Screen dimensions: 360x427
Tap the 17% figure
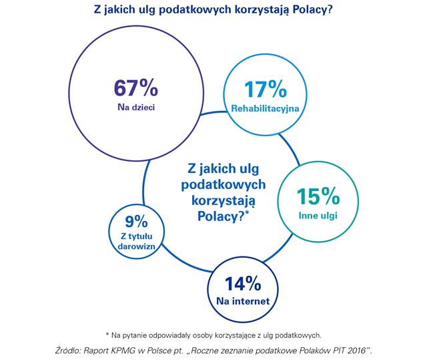click(265, 89)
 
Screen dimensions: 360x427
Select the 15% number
click(318, 197)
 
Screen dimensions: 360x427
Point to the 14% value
click(242, 283)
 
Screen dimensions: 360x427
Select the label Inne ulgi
click(319, 215)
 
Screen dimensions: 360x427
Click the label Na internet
click(242, 301)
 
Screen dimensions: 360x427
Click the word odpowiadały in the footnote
click(173, 334)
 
